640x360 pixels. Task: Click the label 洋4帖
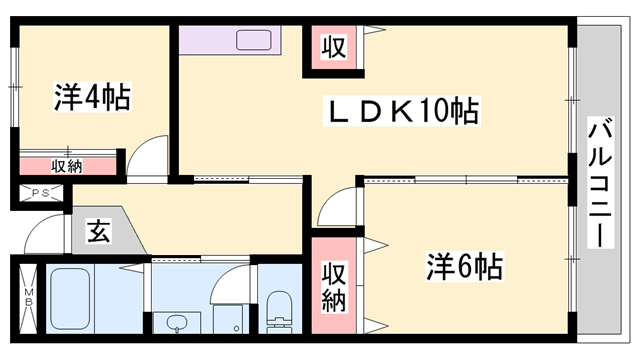(x=94, y=98)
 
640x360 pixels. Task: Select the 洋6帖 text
(x=464, y=267)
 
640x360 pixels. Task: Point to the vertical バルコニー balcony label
(x=600, y=182)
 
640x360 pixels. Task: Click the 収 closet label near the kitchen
(x=333, y=48)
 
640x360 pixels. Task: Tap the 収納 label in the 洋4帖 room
(x=67, y=166)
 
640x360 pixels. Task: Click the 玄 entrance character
(x=99, y=231)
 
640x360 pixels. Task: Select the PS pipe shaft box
(x=41, y=193)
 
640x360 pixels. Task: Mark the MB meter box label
(x=28, y=298)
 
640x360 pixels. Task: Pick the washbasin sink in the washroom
(x=177, y=323)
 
